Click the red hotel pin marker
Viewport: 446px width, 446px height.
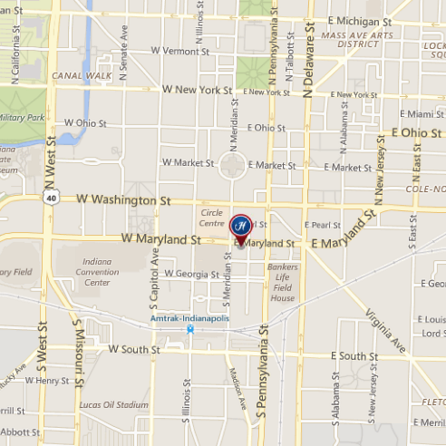(241, 226)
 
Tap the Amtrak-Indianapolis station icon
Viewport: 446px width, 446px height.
(189, 330)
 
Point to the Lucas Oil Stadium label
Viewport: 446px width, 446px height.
(113, 404)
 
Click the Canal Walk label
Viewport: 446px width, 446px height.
(81, 75)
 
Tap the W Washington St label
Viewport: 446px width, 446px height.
(123, 198)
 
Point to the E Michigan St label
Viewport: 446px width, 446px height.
(361, 20)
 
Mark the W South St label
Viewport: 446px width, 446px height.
(134, 348)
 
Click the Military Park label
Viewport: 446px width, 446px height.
(22, 119)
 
